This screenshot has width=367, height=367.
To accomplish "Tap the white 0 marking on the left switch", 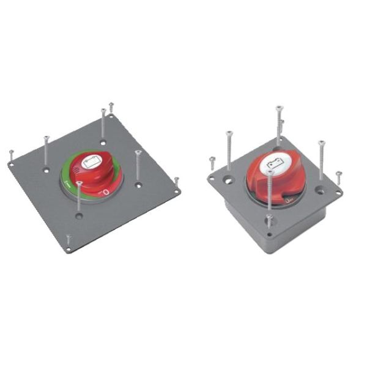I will coord(106,193).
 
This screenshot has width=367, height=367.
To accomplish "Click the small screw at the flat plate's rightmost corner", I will coord(177,180).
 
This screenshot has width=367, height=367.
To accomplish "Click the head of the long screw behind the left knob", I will coord(103,111).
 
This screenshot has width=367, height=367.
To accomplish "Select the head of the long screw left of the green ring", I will coord(46,138).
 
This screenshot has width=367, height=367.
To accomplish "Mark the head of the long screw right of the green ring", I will coord(138,152).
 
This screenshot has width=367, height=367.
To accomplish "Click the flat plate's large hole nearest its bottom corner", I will coord(78,216).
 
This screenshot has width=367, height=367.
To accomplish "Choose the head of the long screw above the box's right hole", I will coord(321,143).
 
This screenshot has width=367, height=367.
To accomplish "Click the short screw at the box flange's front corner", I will coord(269,217).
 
